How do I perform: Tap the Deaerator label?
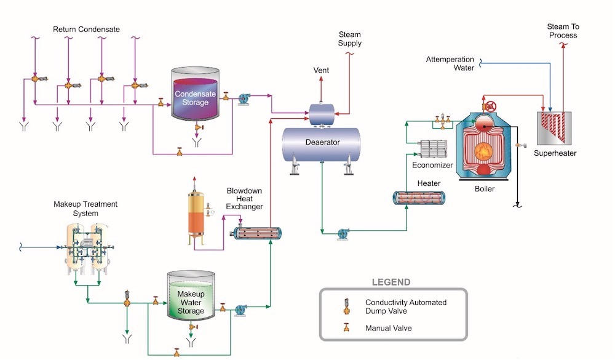tap(322, 143)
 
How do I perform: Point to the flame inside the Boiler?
tap(485, 151)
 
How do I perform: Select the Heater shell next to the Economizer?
tap(419, 198)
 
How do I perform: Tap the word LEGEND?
tap(391, 282)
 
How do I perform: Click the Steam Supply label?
tap(350, 39)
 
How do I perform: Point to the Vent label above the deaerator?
tap(321, 70)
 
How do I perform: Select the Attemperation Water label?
tap(450, 63)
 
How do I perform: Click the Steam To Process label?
tap(563, 31)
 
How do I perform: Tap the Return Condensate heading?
tap(86, 29)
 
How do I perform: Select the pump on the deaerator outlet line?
tap(342, 233)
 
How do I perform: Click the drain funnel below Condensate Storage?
tap(198, 142)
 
